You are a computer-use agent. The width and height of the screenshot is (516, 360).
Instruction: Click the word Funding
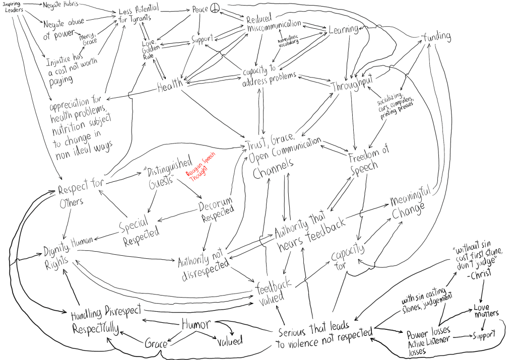(x=436, y=36)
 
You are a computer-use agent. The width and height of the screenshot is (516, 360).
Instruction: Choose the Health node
(x=170, y=87)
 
